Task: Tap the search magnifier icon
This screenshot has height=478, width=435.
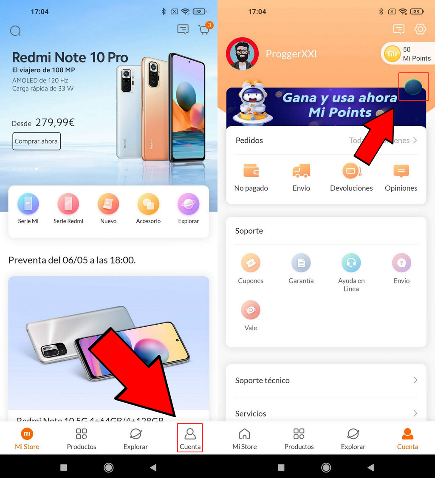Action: pyautogui.click(x=15, y=31)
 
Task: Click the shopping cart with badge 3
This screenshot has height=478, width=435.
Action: pyautogui.click(x=204, y=30)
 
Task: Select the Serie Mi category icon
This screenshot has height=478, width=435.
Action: pyautogui.click(x=28, y=204)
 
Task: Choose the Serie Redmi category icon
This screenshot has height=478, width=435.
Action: pyautogui.click(x=68, y=204)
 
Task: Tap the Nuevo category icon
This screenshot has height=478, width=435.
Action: pyautogui.click(x=108, y=204)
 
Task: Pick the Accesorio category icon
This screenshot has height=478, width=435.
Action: pyautogui.click(x=148, y=204)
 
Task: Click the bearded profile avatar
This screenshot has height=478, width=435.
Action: pyautogui.click(x=243, y=54)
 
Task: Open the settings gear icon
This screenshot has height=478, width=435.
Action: pyautogui.click(x=420, y=29)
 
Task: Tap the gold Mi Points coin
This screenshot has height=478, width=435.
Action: pyautogui.click(x=392, y=54)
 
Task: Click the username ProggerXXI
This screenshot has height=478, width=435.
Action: pyautogui.click(x=291, y=54)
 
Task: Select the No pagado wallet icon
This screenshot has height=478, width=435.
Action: pyautogui.click(x=251, y=171)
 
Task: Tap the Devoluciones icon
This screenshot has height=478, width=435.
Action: pyautogui.click(x=351, y=171)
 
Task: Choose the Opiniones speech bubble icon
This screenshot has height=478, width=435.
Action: pyautogui.click(x=401, y=171)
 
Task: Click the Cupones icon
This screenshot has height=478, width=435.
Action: pyautogui.click(x=251, y=263)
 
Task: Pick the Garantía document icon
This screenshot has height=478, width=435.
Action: pyautogui.click(x=301, y=263)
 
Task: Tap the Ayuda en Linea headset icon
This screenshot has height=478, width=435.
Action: pyautogui.click(x=351, y=263)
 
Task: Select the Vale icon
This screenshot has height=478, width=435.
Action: pyautogui.click(x=251, y=310)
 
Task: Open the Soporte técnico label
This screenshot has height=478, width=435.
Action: pyautogui.click(x=263, y=380)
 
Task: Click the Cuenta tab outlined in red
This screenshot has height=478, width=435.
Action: pyautogui.click(x=190, y=438)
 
